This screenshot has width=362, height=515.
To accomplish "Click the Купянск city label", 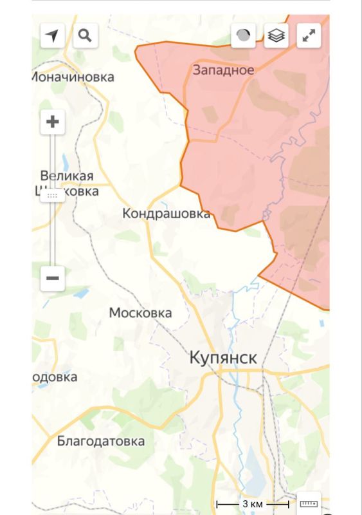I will [x=223, y=359].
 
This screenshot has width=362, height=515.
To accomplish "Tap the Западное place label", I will [x=223, y=70].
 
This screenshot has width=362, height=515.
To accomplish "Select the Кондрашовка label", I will [x=166, y=213].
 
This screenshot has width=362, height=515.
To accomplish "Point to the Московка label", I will [x=140, y=313].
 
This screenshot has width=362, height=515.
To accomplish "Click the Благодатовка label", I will [x=100, y=442].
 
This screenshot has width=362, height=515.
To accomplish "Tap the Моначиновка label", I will [x=73, y=77].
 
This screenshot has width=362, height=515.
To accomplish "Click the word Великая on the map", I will [x=66, y=176].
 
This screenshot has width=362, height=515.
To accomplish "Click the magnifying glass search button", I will [x=85, y=35].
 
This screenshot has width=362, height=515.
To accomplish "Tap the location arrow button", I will [x=53, y=35].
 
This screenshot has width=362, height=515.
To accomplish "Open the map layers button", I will [x=276, y=36].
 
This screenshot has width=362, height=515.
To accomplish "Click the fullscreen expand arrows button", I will [x=309, y=36].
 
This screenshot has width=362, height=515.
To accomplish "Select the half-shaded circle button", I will [x=243, y=36].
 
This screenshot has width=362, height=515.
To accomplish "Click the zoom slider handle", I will [x=53, y=194].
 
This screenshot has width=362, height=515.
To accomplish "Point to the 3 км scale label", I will [x=251, y=503].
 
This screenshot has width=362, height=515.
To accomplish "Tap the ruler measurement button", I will [x=309, y=503].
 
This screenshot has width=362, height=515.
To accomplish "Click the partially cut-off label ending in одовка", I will [x=55, y=377].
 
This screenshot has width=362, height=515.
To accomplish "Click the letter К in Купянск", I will [x=195, y=359].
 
